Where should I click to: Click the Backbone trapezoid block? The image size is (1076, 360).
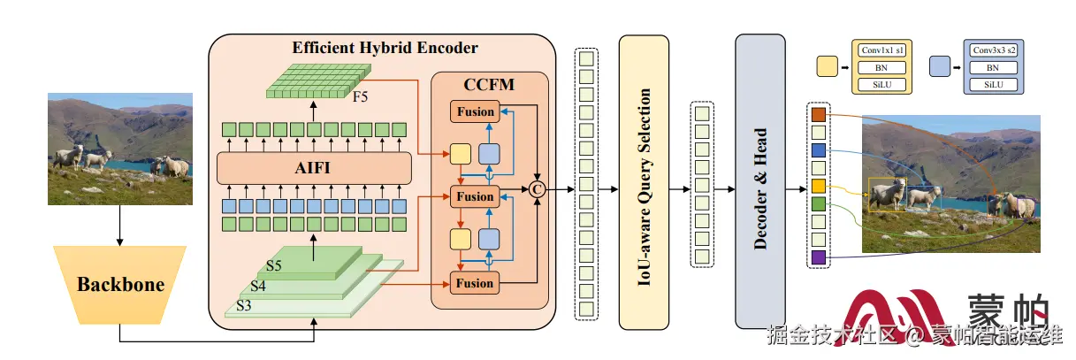(120, 285)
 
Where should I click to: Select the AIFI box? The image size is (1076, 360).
(314, 167)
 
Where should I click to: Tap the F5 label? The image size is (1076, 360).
(361, 96)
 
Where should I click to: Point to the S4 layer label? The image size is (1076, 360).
(258, 286)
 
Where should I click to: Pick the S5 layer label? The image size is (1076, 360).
(275, 265)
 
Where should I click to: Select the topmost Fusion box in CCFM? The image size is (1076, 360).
(474, 112)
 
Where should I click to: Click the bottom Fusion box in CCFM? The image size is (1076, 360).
(474, 283)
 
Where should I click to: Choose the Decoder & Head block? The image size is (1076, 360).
(759, 181)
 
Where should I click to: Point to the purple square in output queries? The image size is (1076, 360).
(818, 257)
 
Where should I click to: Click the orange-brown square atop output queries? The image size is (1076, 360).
(818, 114)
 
